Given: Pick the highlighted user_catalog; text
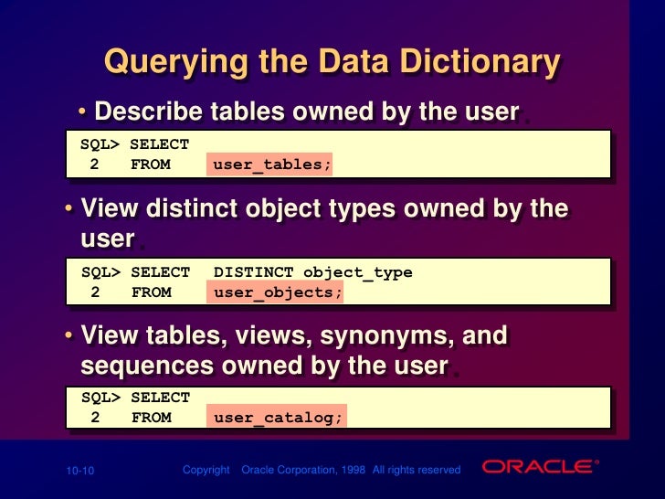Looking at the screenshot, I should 278,419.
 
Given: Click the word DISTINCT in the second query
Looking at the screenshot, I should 253,272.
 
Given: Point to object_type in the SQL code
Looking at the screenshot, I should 357,272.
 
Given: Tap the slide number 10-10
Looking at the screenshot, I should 79,471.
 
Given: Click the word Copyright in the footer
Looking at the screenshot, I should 206,470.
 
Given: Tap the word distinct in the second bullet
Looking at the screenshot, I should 183,208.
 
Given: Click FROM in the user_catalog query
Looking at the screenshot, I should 151,419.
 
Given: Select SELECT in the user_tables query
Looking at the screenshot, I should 160,144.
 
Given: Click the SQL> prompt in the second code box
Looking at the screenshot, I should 101,272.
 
